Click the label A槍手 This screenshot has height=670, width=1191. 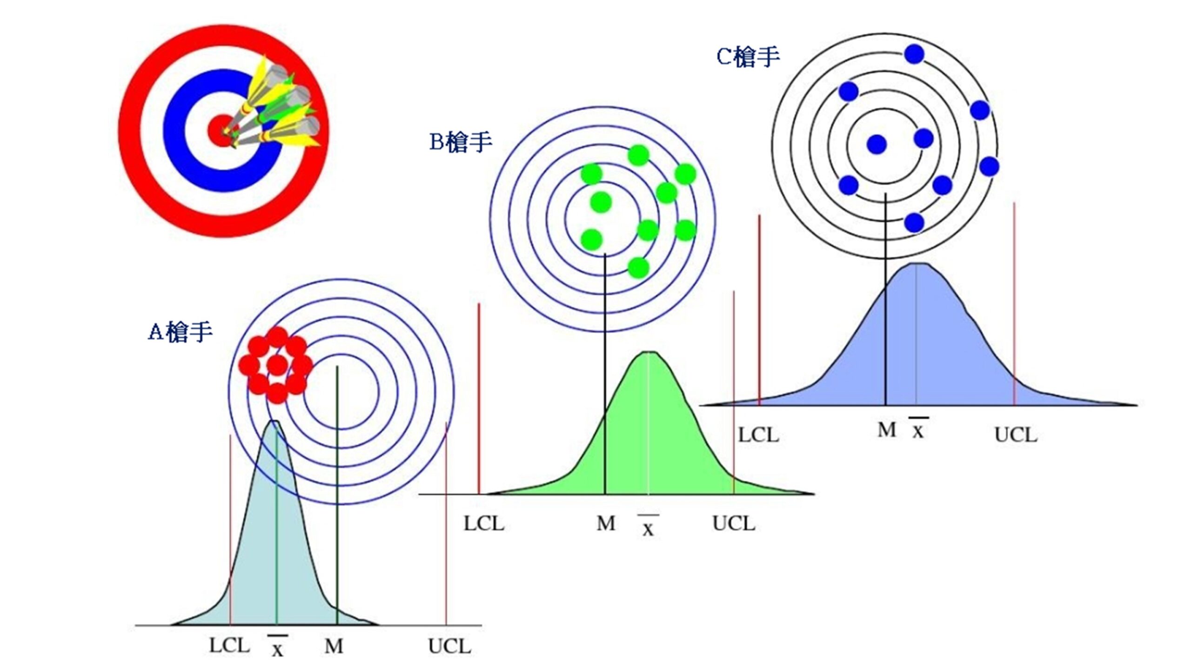tap(180, 332)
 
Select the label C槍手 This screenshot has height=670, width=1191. tap(748, 57)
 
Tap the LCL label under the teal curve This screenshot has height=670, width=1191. tap(229, 645)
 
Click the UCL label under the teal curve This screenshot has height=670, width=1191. tap(449, 646)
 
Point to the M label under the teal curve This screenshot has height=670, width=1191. tap(334, 646)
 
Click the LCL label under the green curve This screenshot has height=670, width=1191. tap(484, 524)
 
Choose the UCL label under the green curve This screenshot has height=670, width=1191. tap(734, 524)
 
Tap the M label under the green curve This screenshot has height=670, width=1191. tap(606, 524)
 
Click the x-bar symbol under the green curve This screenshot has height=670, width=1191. tap(648, 526)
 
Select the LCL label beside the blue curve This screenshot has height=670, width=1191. tap(758, 435)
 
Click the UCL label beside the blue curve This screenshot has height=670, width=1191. tap(1016, 435)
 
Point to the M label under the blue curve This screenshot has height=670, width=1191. tap(887, 430)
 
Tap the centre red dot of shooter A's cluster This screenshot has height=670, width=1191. tap(277, 365)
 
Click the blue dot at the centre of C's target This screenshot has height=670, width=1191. tap(877, 144)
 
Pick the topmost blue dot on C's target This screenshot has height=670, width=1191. tap(914, 54)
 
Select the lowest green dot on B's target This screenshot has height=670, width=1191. tap(638, 268)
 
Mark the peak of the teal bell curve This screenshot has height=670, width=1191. tap(274, 421)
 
